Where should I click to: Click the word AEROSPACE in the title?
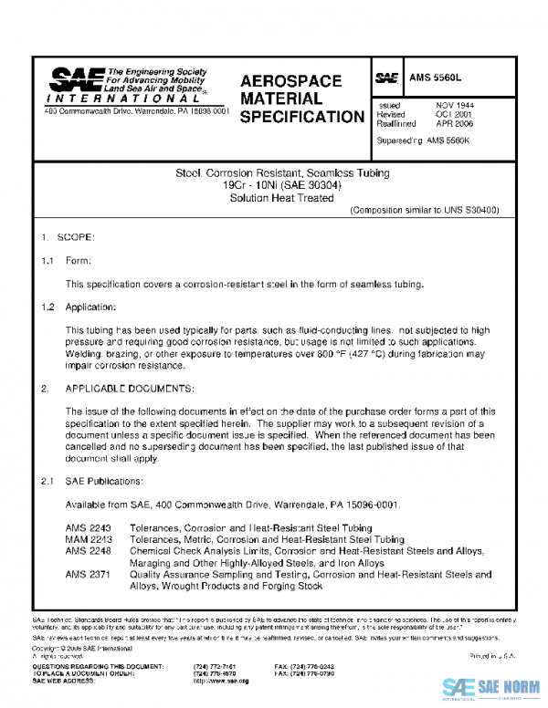point(290,81)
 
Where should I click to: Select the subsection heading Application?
point(90,307)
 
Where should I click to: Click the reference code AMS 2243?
point(88,528)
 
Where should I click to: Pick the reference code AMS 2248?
point(88,551)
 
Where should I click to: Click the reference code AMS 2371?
point(88,575)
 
